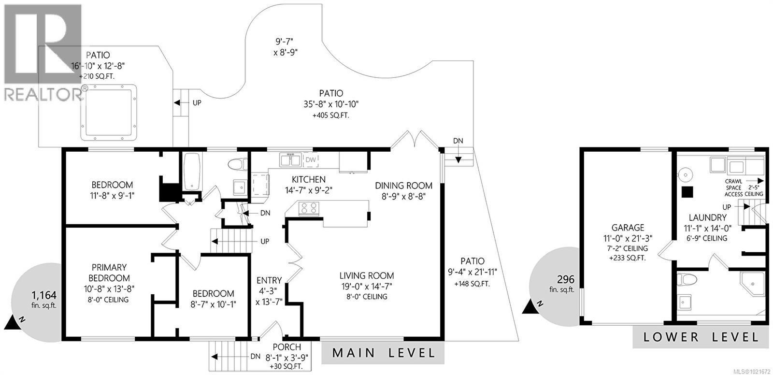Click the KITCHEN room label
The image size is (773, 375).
(x=305, y=179)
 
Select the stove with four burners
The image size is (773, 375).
(x=310, y=208)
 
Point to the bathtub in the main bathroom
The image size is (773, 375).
(x=192, y=172)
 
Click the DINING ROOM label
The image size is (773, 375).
(x=403, y=186)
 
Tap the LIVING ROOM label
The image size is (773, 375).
(x=366, y=276)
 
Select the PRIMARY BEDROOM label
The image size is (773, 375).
(x=109, y=273)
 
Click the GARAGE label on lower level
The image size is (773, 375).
(x=628, y=228)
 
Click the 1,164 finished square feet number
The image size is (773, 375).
(x=44, y=295)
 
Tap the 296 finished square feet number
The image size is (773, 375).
(x=565, y=279)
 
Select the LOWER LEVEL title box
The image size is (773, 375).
(x=701, y=337)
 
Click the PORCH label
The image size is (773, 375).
(x=286, y=347)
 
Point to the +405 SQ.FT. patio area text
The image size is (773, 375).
(x=331, y=115)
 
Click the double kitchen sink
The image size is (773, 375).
(x=291, y=159)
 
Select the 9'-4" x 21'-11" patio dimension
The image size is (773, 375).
(x=472, y=273)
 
